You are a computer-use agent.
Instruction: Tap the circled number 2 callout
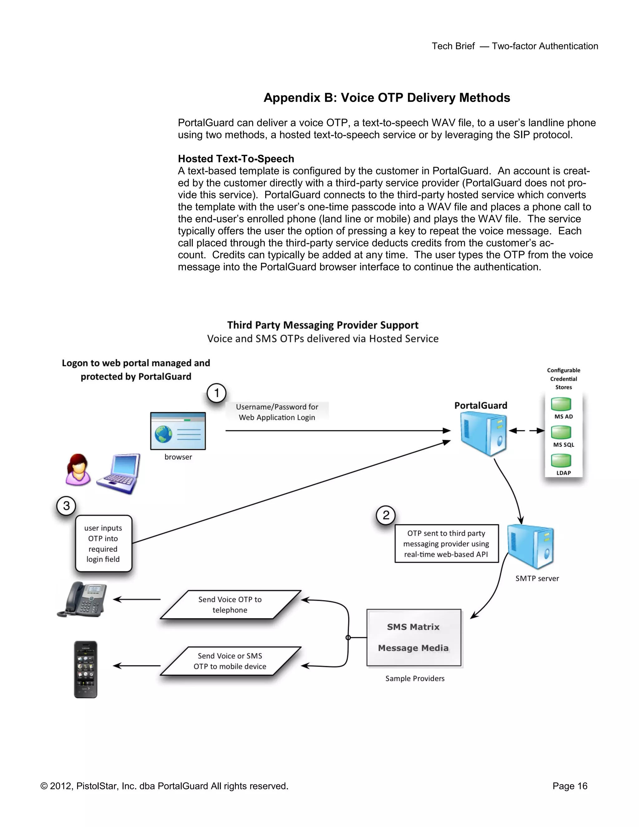pyautogui.click(x=386, y=515)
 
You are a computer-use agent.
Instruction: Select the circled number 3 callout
pyautogui.click(x=66, y=506)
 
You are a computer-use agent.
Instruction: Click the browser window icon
pyautogui.click(x=178, y=431)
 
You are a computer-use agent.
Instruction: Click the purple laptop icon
pyautogui.click(x=119, y=473)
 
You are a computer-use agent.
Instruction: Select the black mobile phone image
pyautogui.click(x=85, y=669)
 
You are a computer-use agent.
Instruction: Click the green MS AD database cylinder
pyautogui.click(x=561, y=404)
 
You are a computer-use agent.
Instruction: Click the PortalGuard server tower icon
pyautogui.click(x=483, y=434)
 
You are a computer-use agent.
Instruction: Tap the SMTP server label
pyautogui.click(x=537, y=578)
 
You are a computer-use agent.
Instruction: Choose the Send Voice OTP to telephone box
pyautogui.click(x=230, y=604)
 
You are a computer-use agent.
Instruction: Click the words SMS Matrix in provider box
pyautogui.click(x=413, y=627)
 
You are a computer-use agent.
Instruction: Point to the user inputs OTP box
pyautogui.click(x=103, y=543)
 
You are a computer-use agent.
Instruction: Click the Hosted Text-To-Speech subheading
pyautogui.click(x=236, y=159)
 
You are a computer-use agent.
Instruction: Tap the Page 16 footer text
pyautogui.click(x=570, y=786)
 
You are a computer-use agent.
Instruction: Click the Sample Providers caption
pyautogui.click(x=415, y=678)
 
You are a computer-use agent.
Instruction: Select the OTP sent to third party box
pyautogui.click(x=446, y=543)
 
